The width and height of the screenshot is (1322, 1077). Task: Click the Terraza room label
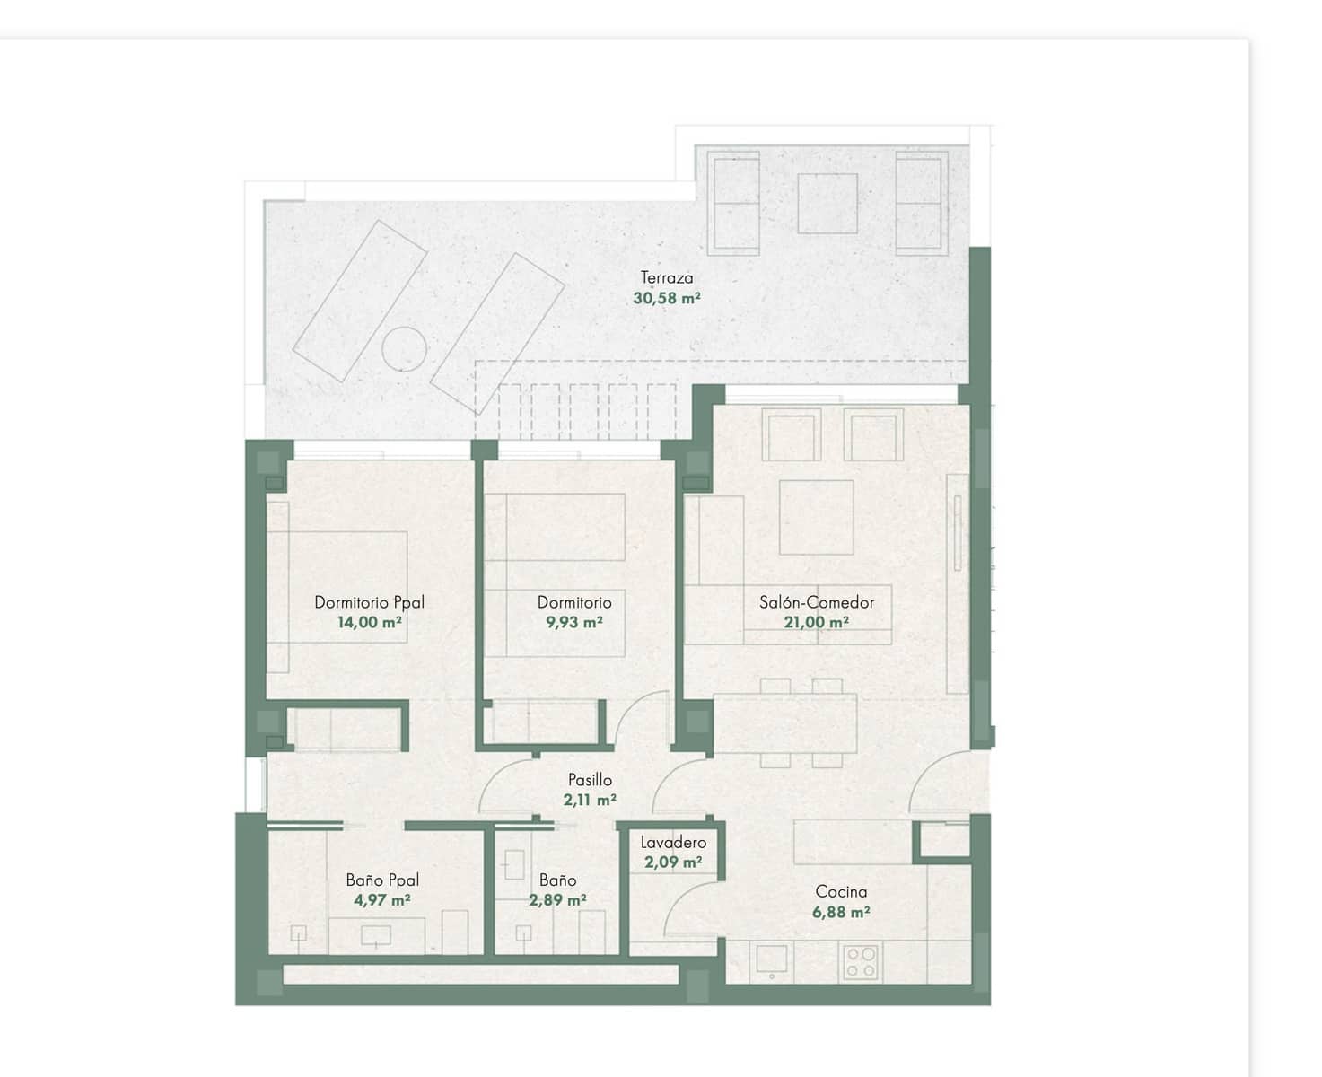666,277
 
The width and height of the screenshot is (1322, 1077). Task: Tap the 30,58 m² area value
666,298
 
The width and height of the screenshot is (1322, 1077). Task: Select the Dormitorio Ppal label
369,602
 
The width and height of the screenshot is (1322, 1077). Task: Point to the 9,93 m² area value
574,622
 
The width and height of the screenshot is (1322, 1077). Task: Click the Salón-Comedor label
816,602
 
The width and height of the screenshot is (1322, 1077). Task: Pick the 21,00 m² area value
816,622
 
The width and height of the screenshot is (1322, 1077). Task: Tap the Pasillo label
590,780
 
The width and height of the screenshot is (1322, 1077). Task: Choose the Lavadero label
673,842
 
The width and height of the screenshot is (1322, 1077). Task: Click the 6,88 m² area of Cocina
841,912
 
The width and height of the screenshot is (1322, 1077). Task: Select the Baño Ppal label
382,880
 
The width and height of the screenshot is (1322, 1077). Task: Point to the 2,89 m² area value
557,900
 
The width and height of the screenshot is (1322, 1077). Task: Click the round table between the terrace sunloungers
404,346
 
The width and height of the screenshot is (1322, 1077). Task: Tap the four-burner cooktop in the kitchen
861,962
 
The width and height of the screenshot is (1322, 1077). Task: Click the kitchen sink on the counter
771,961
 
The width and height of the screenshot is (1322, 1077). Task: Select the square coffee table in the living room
816,517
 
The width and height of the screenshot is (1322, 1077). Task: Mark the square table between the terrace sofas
827,204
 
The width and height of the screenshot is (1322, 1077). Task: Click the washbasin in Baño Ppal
375,936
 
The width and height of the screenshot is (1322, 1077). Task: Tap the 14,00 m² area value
369,622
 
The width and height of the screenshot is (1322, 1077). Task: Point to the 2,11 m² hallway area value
590,800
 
